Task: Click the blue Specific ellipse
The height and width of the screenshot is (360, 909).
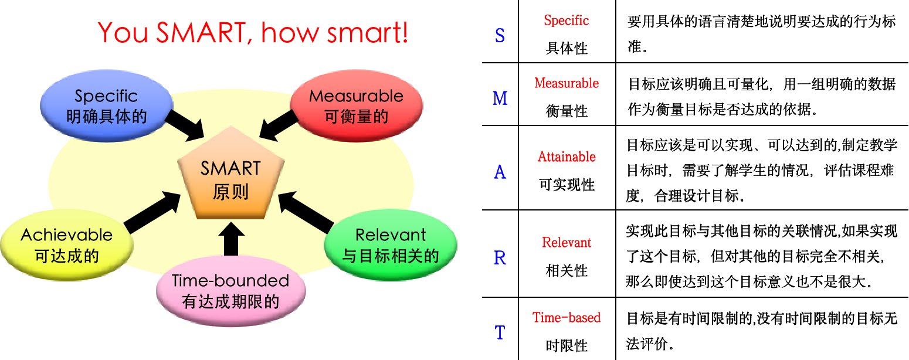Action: (106, 106)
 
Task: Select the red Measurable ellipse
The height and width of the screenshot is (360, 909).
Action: (357, 106)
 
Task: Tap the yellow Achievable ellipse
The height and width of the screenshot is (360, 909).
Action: (66, 245)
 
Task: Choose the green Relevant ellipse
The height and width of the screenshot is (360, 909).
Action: (391, 245)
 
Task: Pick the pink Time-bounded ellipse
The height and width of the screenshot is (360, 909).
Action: (230, 291)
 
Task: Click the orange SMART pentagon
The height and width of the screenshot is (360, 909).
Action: (231, 179)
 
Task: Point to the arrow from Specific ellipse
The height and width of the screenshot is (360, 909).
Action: (184, 124)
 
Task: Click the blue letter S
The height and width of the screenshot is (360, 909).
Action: (500, 36)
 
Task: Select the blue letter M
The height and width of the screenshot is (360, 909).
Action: (500, 99)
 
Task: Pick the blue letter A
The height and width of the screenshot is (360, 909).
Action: (500, 172)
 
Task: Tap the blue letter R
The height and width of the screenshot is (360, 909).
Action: (500, 258)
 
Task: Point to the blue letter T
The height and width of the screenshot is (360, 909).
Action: (500, 333)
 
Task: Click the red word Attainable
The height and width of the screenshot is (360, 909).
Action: (567, 157)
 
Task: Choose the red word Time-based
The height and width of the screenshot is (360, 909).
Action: (567, 318)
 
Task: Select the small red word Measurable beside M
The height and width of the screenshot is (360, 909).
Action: (567, 83)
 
